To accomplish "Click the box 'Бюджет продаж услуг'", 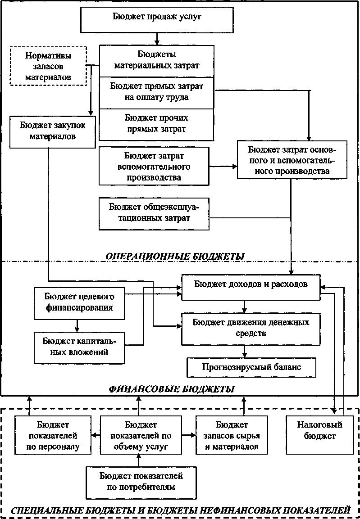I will point(156,18).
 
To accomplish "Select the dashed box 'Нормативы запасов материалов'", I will point(48,66).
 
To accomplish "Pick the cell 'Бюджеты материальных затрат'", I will point(156,61).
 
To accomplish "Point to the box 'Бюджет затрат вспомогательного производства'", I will point(154,166).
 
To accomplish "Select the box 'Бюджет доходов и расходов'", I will point(251,284).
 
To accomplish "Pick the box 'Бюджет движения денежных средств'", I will point(251,328).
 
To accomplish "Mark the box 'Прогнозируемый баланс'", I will point(251,367).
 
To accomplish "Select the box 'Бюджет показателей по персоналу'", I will point(53,435).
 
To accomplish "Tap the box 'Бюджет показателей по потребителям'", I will point(141,481).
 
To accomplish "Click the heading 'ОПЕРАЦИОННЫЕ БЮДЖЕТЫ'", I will point(175,256).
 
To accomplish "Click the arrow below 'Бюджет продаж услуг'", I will point(156,38).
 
